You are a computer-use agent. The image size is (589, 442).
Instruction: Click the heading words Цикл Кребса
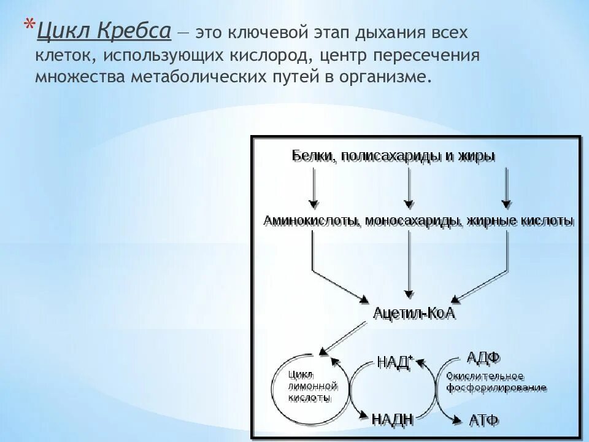(102, 31)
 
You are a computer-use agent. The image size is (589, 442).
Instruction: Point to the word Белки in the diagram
(312, 156)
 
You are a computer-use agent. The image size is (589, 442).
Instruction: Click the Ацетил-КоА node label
(414, 314)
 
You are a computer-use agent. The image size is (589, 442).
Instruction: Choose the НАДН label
(393, 419)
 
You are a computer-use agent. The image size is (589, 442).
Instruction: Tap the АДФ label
(483, 357)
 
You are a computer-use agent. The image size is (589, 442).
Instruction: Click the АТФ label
(483, 421)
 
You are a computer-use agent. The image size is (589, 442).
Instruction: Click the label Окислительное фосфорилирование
(496, 382)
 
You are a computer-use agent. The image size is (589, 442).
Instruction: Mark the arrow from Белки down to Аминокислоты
(314, 187)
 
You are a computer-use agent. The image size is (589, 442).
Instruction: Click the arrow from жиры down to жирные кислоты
(506, 187)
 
